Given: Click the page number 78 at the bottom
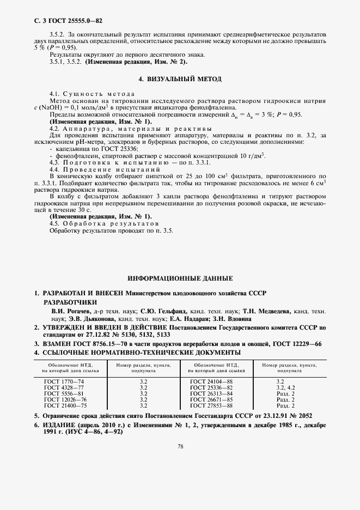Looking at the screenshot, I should [180, 446].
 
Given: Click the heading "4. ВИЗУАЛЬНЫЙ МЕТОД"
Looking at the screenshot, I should [180, 79].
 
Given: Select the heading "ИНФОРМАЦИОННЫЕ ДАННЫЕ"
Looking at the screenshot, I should [180, 278].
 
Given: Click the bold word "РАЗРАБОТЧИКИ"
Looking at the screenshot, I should [71, 302].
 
